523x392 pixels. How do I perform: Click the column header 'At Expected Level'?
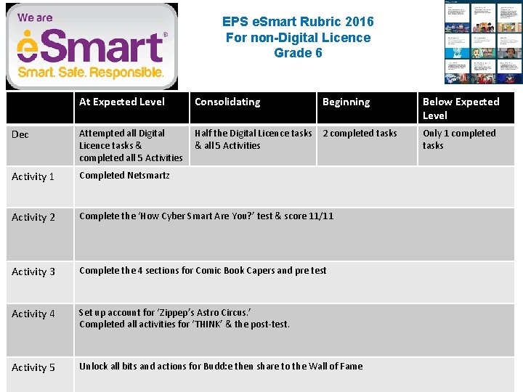(x=122, y=102)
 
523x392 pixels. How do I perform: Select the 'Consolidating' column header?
(x=227, y=102)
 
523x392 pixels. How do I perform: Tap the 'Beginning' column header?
(x=346, y=102)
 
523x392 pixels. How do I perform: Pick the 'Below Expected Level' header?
(x=461, y=108)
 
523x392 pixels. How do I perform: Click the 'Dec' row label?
(x=20, y=134)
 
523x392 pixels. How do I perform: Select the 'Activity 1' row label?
(x=33, y=176)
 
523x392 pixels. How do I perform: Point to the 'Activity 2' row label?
(x=33, y=217)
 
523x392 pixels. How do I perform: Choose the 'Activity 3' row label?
(x=33, y=271)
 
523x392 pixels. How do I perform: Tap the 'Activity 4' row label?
(x=33, y=314)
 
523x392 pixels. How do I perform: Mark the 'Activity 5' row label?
(x=33, y=367)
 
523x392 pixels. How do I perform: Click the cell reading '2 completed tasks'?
(x=360, y=134)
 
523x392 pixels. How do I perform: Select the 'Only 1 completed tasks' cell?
(x=459, y=139)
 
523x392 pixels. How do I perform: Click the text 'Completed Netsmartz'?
(x=124, y=175)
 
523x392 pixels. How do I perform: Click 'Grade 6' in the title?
(x=298, y=53)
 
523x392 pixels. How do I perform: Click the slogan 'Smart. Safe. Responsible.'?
(x=91, y=73)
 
